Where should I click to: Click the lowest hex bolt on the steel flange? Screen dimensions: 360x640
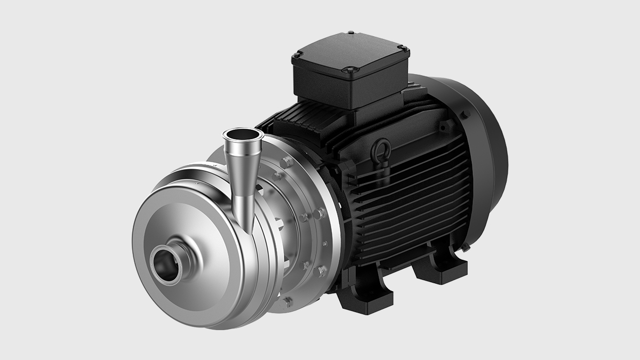(287, 301)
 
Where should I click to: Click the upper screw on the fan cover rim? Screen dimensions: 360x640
(466, 114)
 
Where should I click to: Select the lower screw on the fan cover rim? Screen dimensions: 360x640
(466, 246)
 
